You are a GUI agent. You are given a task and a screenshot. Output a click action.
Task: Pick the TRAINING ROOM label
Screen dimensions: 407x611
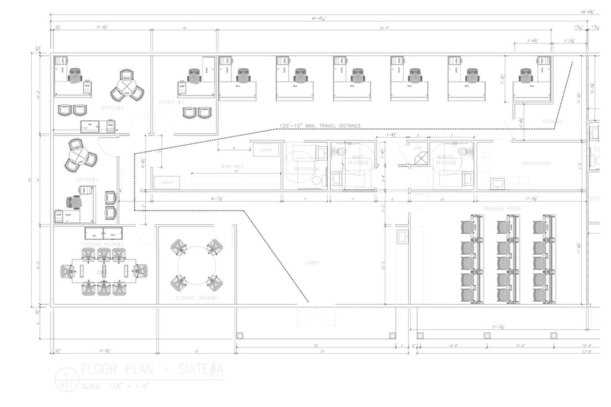502,208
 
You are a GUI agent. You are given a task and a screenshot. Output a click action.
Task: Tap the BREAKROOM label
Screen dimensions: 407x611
536,163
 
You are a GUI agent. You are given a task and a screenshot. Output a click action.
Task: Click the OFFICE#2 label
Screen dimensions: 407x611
112,108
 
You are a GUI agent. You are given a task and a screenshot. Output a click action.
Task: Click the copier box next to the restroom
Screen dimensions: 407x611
265,150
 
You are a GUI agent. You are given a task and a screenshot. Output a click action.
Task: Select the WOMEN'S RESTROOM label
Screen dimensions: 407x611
445,161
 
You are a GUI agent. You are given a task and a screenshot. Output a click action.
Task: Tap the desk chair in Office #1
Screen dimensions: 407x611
73,202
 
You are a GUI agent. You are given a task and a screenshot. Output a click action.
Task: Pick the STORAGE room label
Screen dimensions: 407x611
553,122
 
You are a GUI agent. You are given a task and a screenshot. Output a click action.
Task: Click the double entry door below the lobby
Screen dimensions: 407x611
312,316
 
